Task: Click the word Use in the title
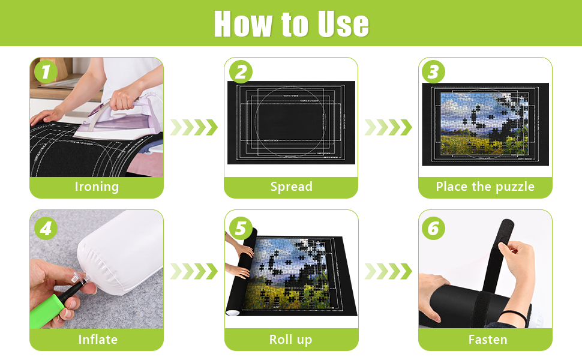tap(337, 24)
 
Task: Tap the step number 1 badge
tap(46, 72)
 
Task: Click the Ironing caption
tap(97, 187)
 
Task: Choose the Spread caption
tap(291, 187)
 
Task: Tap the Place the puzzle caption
tap(485, 187)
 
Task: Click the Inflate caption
tap(97, 340)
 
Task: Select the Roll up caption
tap(290, 340)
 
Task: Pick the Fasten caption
tap(487, 340)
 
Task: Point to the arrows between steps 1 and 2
tap(193, 127)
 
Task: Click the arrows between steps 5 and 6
tap(388, 271)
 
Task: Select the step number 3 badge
tap(434, 72)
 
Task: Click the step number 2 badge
tap(240, 72)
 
